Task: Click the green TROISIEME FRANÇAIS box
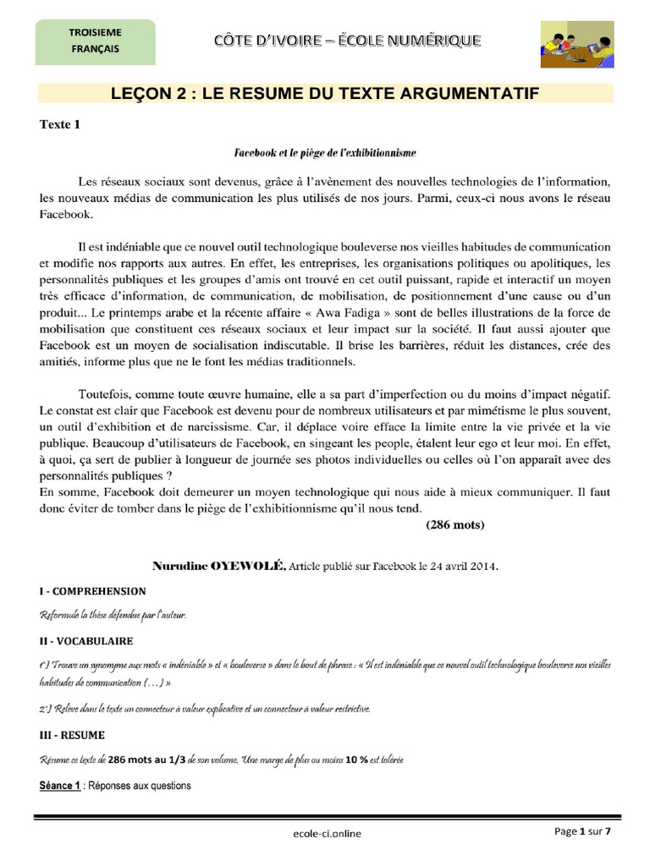coord(95,41)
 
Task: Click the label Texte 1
coord(60,124)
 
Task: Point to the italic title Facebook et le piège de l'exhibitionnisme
coord(325,153)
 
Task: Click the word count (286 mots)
coord(454,524)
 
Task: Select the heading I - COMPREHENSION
coord(92,591)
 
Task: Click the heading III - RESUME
coord(72,735)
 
